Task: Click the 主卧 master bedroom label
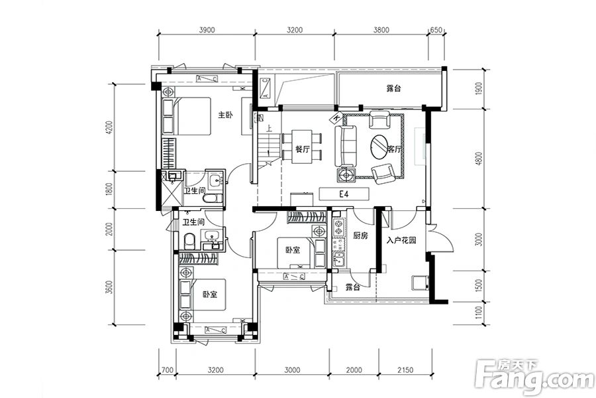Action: coord(225,115)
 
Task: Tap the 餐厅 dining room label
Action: coord(302,149)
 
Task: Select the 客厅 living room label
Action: coord(394,149)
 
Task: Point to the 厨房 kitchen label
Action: coord(360,235)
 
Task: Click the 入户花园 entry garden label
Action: coord(401,240)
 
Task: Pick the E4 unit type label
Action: coord(344,194)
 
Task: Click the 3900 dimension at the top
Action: coord(207,30)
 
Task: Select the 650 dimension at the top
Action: coord(436,30)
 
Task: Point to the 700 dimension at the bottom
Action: coord(168,370)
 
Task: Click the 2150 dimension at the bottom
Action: coord(405,370)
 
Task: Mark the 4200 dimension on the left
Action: coord(110,127)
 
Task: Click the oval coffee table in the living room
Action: coord(380,147)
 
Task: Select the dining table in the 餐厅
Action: coord(302,147)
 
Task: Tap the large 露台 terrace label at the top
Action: coord(394,88)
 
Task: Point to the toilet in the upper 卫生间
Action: coord(212,198)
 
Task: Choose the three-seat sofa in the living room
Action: coord(346,147)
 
